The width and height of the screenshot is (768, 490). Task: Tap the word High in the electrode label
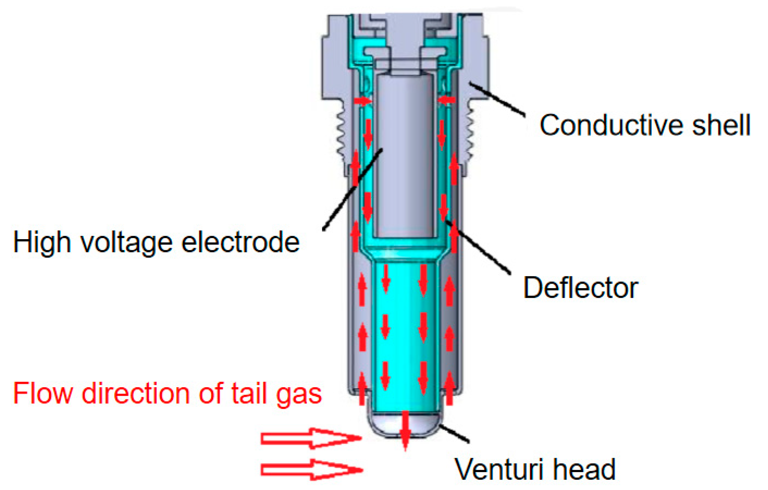(x=42, y=242)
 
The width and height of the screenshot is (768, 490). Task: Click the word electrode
(x=241, y=242)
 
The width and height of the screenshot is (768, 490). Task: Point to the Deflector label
(x=580, y=288)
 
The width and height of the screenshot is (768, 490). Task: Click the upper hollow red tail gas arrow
(x=311, y=438)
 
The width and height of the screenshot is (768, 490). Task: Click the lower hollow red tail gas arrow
(x=311, y=470)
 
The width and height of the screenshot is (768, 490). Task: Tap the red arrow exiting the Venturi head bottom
(x=405, y=431)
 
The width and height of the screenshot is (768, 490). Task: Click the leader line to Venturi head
(x=454, y=434)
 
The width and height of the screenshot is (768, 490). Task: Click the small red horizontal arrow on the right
(x=446, y=99)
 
